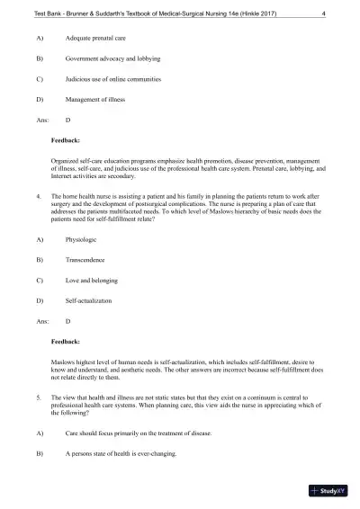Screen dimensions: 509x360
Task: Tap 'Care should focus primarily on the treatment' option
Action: click(x=138, y=432)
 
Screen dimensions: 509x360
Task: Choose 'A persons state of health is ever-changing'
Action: click(x=121, y=452)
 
